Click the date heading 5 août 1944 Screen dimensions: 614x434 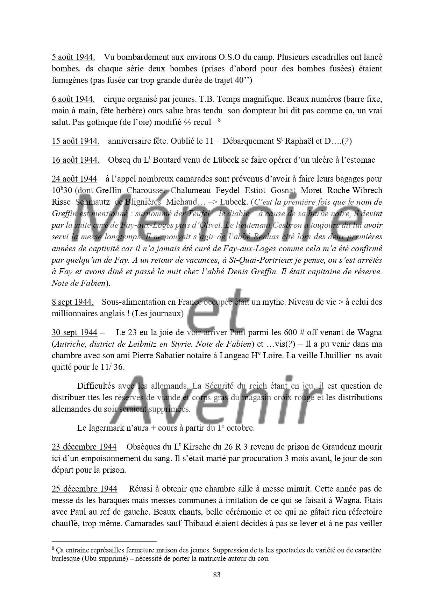(73, 57)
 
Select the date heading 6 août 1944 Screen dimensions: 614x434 (73, 99)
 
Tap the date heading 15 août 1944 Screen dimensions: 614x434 (75, 141)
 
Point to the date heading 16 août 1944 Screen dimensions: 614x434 (75, 160)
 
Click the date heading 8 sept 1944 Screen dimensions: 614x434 (72, 302)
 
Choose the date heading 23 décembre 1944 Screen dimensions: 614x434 (84, 447)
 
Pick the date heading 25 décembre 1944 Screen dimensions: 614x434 (84, 489)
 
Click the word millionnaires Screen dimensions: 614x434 (73, 313)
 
